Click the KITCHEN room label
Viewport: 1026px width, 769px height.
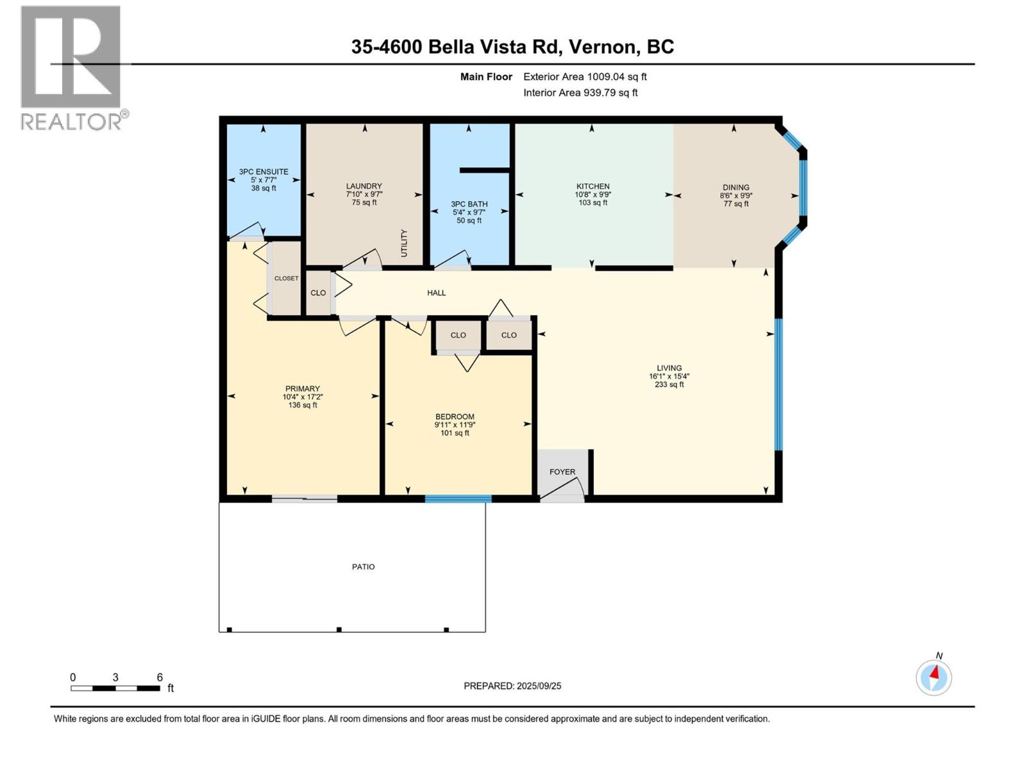593,186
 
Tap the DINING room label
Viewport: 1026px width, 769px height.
736,188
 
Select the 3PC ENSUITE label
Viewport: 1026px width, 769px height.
264,172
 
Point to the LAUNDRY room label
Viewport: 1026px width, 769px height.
364,186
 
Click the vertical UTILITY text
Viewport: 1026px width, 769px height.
404,243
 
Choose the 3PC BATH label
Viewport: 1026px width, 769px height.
469,204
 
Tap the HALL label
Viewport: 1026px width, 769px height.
437,293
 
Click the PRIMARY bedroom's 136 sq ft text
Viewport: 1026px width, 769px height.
303,405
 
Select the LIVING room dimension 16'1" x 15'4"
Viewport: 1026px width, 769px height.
669,377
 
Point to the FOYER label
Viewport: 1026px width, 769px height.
562,472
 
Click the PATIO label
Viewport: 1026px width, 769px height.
364,566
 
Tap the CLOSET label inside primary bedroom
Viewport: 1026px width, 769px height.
286,278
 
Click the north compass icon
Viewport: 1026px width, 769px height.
934,677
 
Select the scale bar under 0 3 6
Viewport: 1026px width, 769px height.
115,688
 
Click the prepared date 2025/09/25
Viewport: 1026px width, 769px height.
539,686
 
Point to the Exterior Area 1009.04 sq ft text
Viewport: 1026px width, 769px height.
585,77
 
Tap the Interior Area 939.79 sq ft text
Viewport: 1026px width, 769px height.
580,92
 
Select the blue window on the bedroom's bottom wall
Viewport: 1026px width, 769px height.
458,499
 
